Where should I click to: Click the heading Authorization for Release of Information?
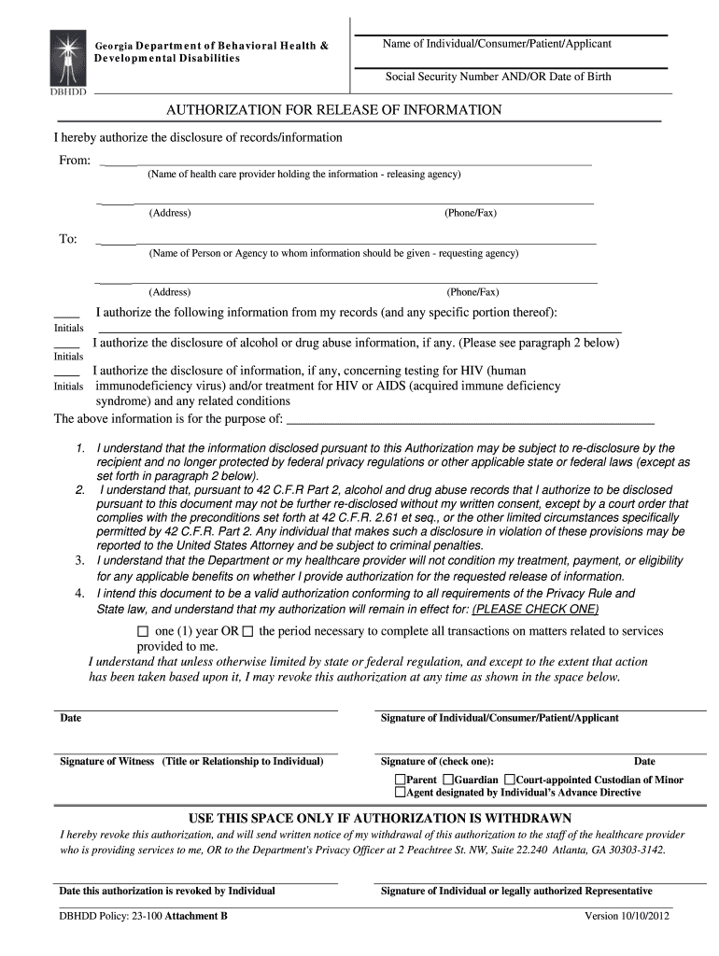(333, 110)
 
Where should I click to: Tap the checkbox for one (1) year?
(143, 631)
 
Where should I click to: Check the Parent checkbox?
(400, 780)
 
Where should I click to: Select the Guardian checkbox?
(448, 780)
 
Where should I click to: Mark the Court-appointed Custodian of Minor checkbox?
(510, 780)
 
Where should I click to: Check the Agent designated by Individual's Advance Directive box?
(400, 793)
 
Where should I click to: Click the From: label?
(75, 161)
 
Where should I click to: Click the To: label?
(68, 239)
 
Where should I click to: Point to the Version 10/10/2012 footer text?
(627, 916)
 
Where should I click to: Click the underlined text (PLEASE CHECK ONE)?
(535, 609)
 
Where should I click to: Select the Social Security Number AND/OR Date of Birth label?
(498, 77)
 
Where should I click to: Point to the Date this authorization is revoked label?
(167, 891)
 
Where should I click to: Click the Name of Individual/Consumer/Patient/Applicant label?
(497, 44)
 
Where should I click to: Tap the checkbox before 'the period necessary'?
(247, 631)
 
